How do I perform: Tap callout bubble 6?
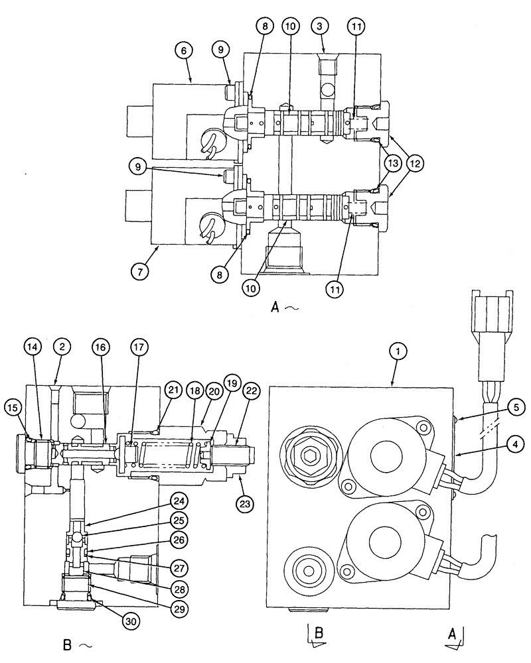[x=184, y=49]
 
